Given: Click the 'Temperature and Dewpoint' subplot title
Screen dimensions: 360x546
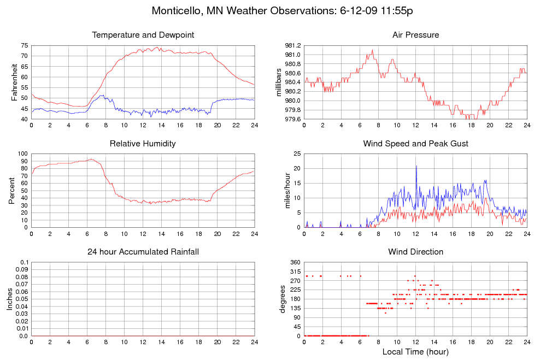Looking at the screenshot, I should [x=143, y=35].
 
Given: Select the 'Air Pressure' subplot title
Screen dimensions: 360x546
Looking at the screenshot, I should [x=415, y=35].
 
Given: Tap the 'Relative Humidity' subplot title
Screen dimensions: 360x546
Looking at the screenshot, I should [x=143, y=144].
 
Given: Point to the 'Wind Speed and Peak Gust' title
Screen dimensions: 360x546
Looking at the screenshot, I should [x=415, y=144].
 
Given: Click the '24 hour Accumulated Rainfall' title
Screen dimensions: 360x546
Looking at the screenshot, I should [x=143, y=252].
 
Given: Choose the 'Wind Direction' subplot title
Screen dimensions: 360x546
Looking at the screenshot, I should [x=415, y=252].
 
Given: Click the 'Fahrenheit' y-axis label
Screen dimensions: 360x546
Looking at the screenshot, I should [x=15, y=82].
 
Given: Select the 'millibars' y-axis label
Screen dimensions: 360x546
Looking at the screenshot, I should [x=279, y=82].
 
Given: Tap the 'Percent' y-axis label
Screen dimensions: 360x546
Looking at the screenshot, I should [x=11, y=191].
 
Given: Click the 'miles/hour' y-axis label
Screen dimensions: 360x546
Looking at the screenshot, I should [x=283, y=191].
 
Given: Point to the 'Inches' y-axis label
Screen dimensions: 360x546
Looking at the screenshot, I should [x=9, y=299].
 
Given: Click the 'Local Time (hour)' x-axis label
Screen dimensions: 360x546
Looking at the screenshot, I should [x=415, y=351].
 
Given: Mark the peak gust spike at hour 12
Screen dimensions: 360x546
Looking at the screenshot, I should [x=416, y=166].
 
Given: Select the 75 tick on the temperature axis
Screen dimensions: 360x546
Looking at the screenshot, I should [x=24, y=45].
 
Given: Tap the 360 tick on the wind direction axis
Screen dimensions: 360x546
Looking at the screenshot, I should [x=295, y=263].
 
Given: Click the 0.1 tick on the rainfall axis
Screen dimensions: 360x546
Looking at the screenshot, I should [x=24, y=263].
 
